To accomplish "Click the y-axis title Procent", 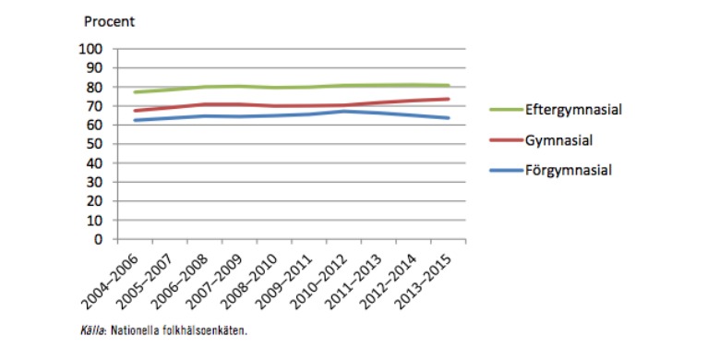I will pyautogui.click(x=110, y=21).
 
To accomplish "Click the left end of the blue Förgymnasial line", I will pyautogui.click(x=135, y=120).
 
